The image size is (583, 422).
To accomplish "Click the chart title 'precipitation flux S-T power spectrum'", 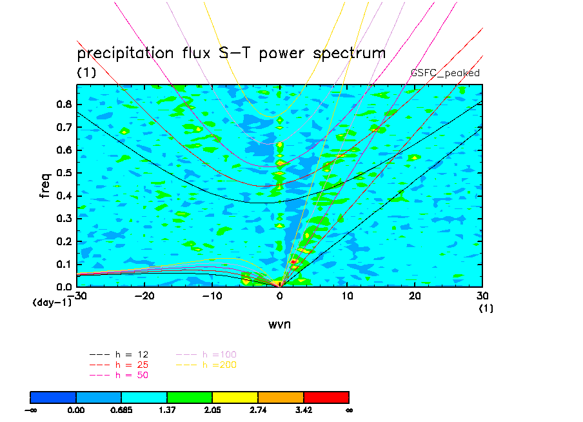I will click(231, 53).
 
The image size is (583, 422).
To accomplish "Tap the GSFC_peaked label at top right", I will click(445, 73).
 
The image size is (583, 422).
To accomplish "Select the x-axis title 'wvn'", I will click(279, 324).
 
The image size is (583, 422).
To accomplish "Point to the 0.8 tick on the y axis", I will click(63, 105).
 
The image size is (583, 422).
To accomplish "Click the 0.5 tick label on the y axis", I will click(63, 173).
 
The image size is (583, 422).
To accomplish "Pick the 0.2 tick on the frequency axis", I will click(63, 241).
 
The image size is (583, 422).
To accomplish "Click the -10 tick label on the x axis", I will click(212, 296).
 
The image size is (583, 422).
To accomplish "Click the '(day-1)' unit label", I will click(52, 301).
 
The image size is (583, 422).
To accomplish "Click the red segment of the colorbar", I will click(326, 397).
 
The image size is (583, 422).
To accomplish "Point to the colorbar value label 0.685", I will click(121, 409).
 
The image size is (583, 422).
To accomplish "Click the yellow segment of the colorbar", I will click(235, 397).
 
